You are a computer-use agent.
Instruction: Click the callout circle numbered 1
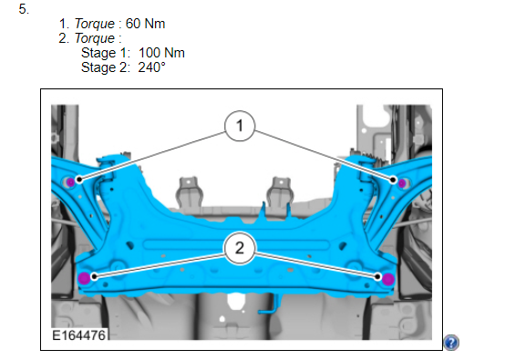[240, 126]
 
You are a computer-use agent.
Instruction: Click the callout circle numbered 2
[240, 248]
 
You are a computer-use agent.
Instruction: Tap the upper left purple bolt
[70, 182]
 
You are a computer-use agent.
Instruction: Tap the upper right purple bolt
[402, 183]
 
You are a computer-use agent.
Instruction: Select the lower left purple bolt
[84, 278]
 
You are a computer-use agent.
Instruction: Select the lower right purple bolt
[388, 279]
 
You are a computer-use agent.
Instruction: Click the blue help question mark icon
[451, 343]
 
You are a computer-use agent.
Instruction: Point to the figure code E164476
[79, 334]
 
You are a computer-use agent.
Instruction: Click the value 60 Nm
[145, 24]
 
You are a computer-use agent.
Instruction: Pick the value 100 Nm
[161, 53]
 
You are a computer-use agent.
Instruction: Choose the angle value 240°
[151, 67]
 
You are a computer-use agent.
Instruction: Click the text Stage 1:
[106, 53]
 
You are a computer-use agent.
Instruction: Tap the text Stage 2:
[106, 67]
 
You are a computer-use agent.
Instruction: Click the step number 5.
[24, 9]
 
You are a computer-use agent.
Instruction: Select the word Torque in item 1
[95, 24]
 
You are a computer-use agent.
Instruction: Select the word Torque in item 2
[95, 38]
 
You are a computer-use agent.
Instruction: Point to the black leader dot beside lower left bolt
[95, 277]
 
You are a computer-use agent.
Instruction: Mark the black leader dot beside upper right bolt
[393, 180]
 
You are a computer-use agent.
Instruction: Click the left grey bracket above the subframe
[190, 191]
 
